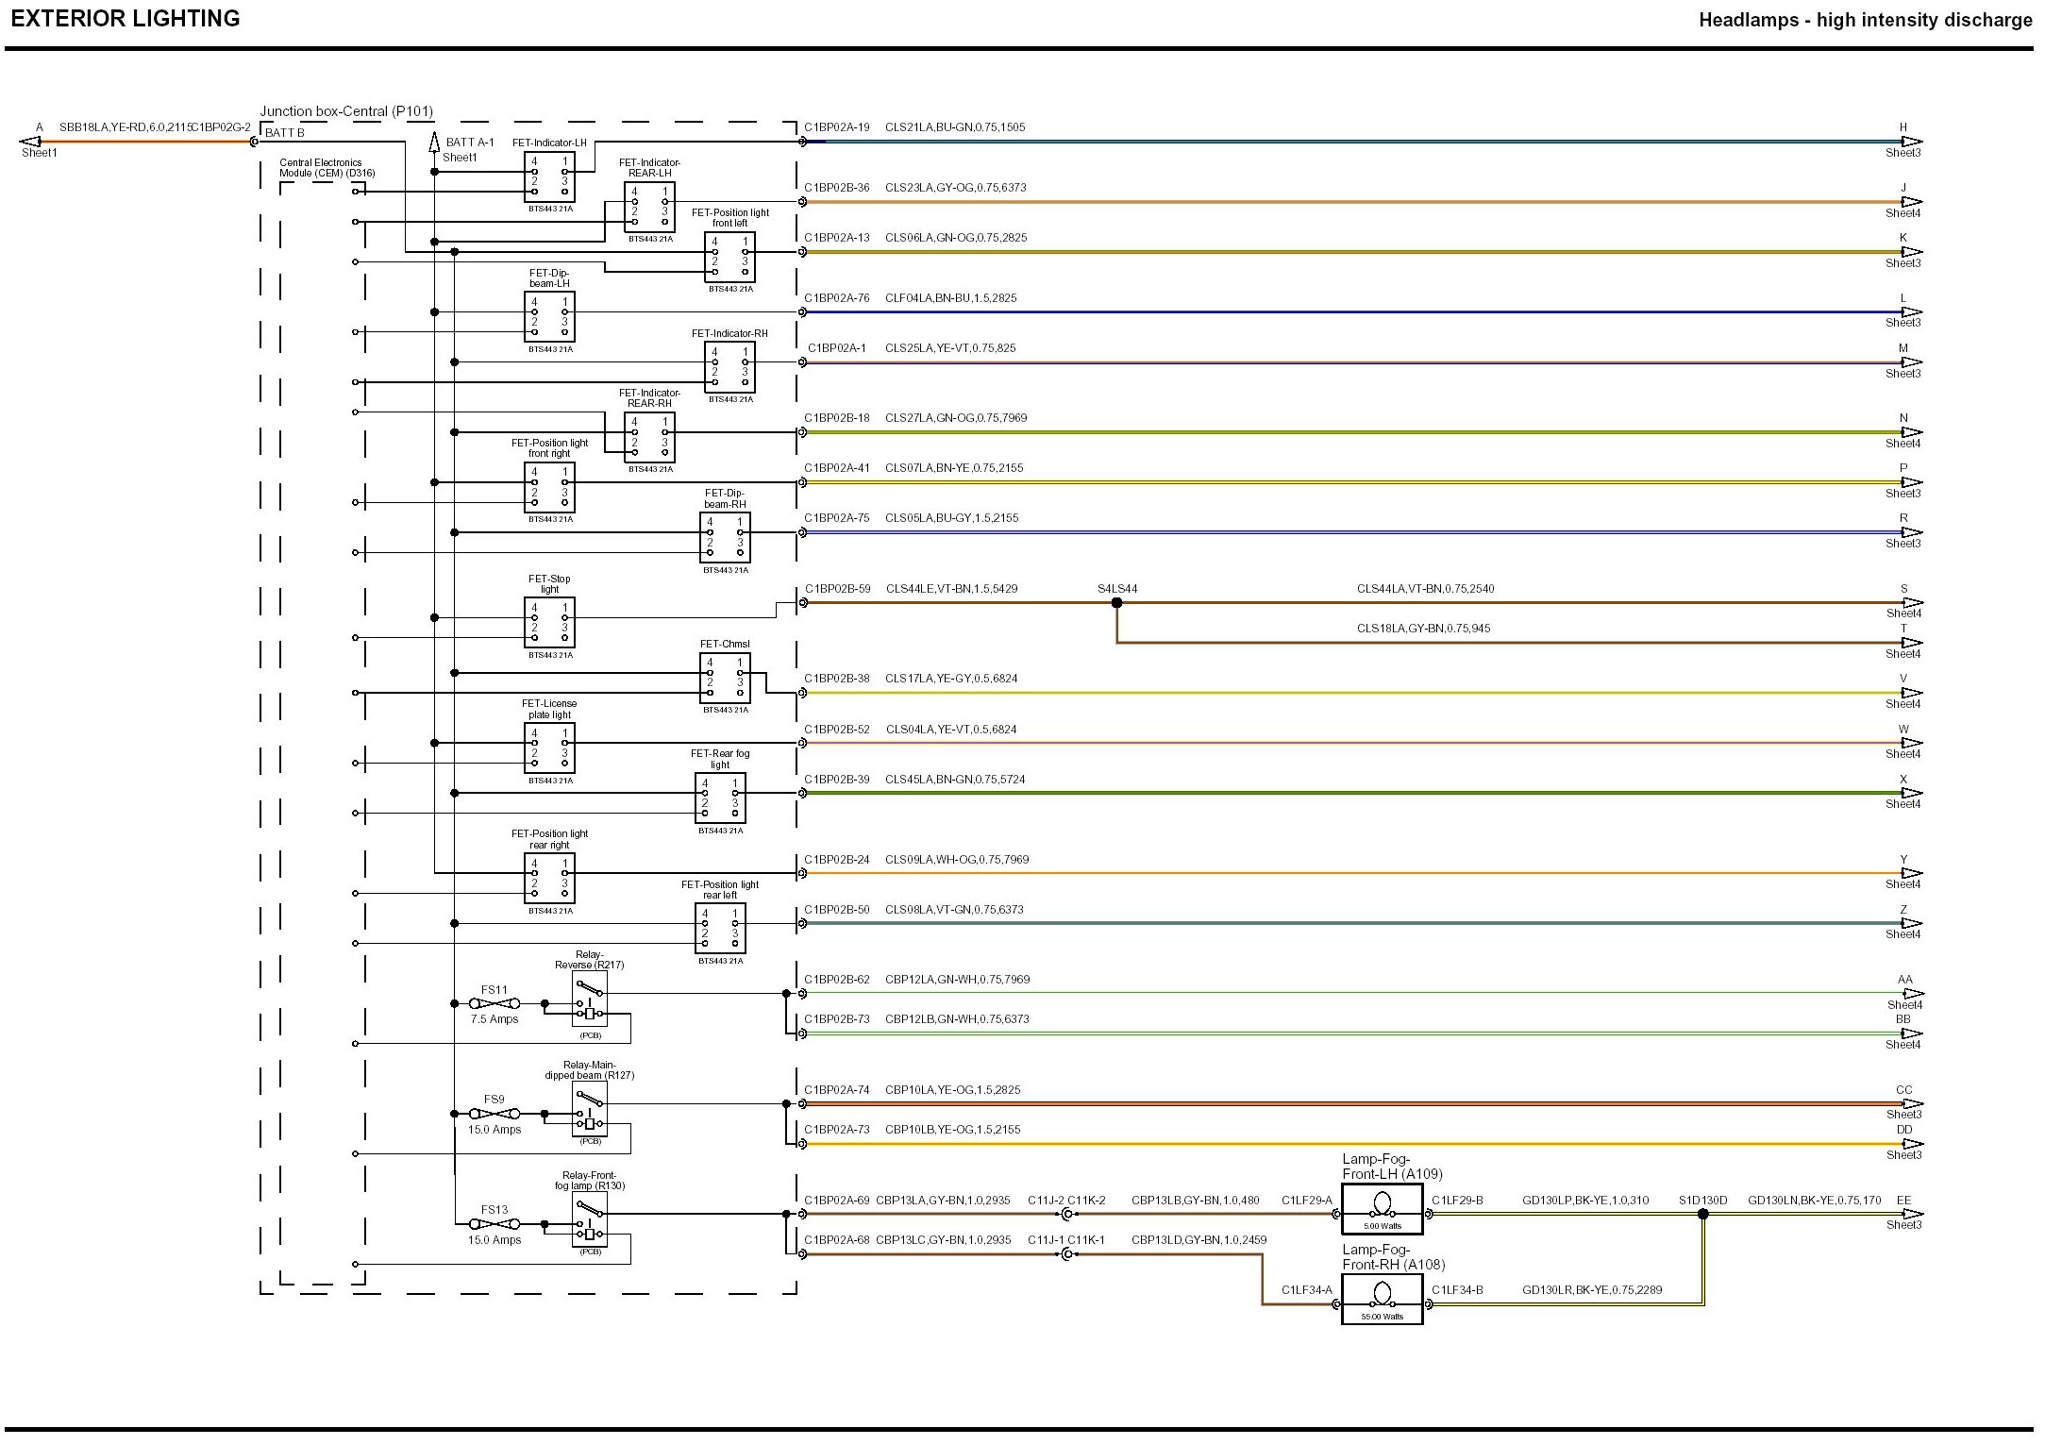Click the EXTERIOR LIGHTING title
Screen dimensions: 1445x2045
pos(126,19)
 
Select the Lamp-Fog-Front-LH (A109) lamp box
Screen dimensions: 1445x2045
pos(1382,1211)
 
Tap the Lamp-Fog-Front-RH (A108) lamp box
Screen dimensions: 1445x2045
pos(1382,1301)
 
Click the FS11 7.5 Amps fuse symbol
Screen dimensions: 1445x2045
pos(494,1004)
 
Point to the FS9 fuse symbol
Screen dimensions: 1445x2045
pos(494,1115)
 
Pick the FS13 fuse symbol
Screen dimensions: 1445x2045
pos(494,1224)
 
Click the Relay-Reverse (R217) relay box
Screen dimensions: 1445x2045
pos(590,1000)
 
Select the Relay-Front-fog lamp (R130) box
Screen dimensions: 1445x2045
pos(590,1219)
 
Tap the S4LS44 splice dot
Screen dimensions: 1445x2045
pos(1116,603)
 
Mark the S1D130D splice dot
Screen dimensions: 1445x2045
pos(1703,1215)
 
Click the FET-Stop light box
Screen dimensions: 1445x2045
pos(549,623)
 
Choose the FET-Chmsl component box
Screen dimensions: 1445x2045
pos(725,678)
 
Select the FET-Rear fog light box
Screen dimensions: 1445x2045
pos(720,798)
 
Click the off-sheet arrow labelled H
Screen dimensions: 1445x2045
pos(1911,142)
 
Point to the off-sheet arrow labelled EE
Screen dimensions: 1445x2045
pos(1911,1215)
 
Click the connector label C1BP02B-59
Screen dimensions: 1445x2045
pos(837,589)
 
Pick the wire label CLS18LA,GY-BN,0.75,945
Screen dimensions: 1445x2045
pos(1423,629)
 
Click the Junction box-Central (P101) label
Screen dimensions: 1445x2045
pos(346,111)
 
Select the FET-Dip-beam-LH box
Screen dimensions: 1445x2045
pos(549,316)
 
